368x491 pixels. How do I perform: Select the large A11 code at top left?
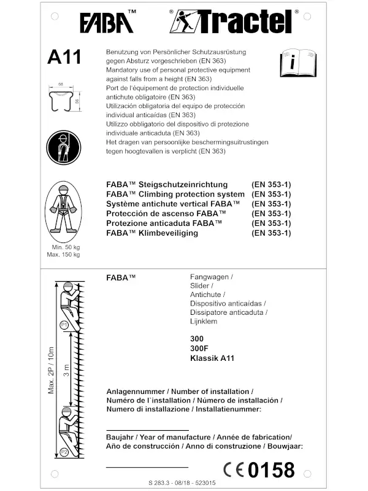[x=64, y=56]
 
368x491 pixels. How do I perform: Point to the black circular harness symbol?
[x=64, y=148]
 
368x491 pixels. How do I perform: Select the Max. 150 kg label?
[x=63, y=254]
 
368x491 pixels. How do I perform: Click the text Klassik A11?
[x=212, y=358]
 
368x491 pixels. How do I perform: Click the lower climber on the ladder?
[x=66, y=429]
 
